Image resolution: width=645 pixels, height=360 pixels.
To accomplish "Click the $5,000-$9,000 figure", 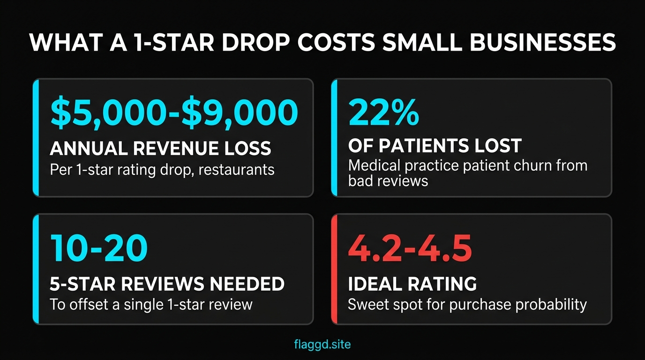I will click(173, 112).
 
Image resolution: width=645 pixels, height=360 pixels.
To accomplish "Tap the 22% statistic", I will click(383, 112).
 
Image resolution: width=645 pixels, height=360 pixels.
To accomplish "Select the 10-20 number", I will click(98, 248).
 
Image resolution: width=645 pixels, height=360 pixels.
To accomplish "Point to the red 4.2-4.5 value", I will click(410, 248).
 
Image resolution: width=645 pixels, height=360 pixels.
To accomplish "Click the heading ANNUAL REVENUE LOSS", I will click(160, 149).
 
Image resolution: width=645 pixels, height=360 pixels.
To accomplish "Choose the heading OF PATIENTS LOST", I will click(435, 146).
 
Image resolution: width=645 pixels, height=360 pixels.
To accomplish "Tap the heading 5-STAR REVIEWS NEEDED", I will click(167, 284).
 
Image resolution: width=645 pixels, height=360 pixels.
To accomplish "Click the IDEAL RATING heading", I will click(412, 284).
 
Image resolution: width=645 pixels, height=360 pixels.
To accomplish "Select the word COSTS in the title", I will click(331, 43).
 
